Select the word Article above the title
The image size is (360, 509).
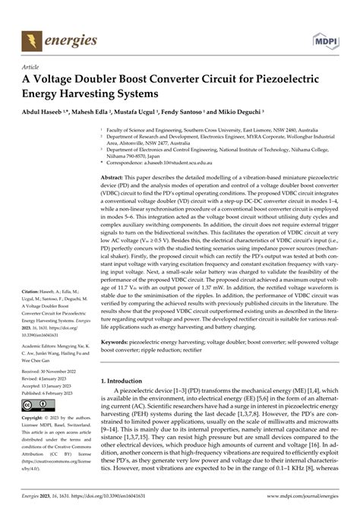tap(31, 67)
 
